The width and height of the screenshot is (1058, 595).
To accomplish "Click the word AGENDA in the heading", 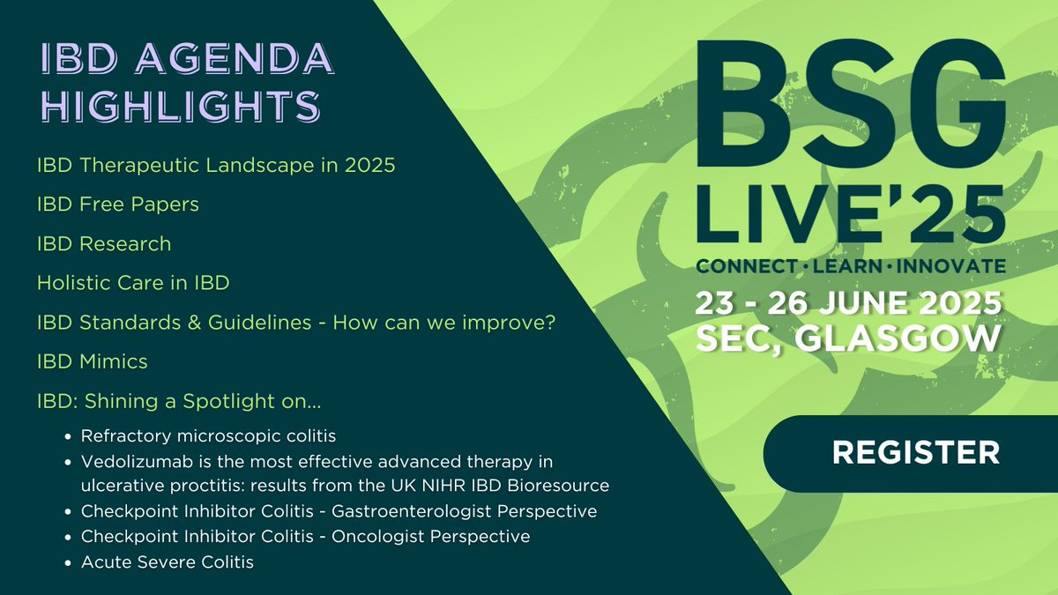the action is tap(235, 58).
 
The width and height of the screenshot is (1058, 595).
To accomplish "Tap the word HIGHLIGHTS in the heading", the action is tap(182, 106).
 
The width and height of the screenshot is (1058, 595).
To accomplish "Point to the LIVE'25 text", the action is tap(850, 214).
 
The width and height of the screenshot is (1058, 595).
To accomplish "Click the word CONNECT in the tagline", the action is tap(747, 266).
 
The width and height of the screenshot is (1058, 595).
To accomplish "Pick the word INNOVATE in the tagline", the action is tap(950, 266).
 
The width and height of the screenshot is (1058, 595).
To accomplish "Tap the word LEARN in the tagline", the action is tap(847, 266).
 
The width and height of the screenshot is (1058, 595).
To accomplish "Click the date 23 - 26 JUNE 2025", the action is tap(848, 302).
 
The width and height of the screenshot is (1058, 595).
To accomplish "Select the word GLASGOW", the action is tap(898, 338).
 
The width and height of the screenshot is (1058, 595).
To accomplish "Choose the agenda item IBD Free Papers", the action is tap(118, 204).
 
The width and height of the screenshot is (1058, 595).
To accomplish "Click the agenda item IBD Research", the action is tap(104, 243).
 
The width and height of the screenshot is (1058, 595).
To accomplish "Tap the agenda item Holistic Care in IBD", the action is tap(133, 283).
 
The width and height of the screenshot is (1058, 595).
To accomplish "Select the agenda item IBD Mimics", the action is tap(92, 361).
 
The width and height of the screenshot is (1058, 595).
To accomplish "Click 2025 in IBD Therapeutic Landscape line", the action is tap(369, 166).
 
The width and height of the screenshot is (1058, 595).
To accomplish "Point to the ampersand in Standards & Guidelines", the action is tap(194, 323).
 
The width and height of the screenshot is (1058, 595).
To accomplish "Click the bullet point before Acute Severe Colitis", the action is tap(70, 563).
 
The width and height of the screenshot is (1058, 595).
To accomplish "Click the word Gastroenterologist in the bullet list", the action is tap(411, 511).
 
